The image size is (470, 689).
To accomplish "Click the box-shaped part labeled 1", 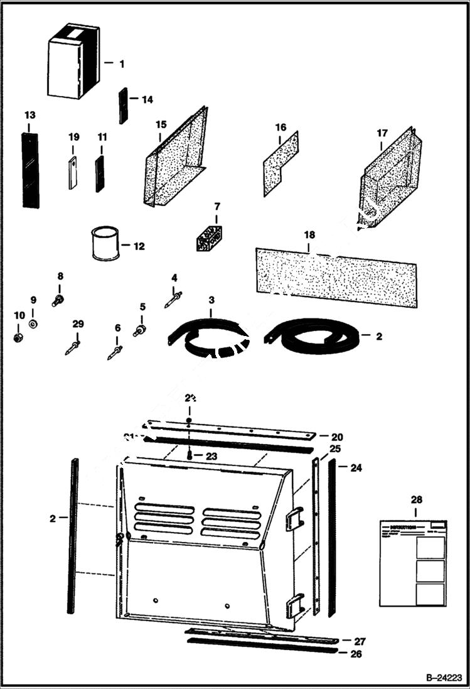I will pyautogui.click(x=73, y=62).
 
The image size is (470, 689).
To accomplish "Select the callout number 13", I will pyautogui.click(x=30, y=116).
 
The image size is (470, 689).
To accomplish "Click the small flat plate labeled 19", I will pyautogui.click(x=73, y=172).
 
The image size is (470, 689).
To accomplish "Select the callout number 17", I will pyautogui.click(x=382, y=133).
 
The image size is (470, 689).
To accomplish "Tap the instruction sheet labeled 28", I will pyautogui.click(x=414, y=562).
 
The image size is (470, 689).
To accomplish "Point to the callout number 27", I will pyautogui.click(x=360, y=641).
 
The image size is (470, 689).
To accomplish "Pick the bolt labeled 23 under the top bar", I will pyautogui.click(x=189, y=455).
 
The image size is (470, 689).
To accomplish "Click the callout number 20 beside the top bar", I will pyautogui.click(x=337, y=436).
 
